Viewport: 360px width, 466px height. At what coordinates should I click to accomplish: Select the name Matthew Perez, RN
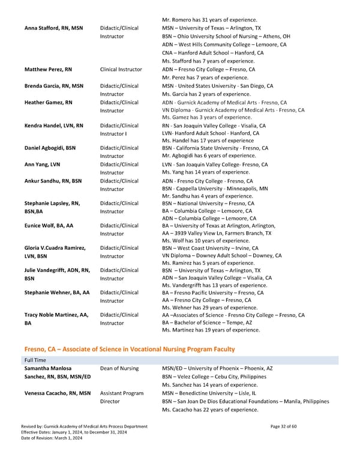coord(48,69)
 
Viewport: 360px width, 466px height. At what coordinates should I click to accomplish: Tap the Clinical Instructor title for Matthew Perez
coord(121,69)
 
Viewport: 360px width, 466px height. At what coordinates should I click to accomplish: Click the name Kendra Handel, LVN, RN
coord(53,126)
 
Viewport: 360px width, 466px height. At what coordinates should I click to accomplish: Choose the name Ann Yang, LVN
coord(41,164)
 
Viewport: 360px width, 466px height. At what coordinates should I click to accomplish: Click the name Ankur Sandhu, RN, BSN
coord(53,180)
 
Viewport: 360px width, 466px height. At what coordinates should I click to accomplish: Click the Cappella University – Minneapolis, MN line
coord(215,188)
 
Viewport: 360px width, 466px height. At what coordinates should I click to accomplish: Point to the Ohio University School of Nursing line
coord(226,36)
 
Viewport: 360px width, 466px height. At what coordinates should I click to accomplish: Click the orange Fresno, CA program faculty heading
coord(129,349)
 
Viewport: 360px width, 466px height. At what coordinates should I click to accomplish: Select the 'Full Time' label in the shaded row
coord(35,360)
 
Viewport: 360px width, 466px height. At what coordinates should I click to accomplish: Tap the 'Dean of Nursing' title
coord(119,368)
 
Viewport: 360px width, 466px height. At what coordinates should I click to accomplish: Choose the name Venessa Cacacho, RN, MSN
coord(57,393)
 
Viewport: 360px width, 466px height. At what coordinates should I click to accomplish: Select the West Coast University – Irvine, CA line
coord(210,248)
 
